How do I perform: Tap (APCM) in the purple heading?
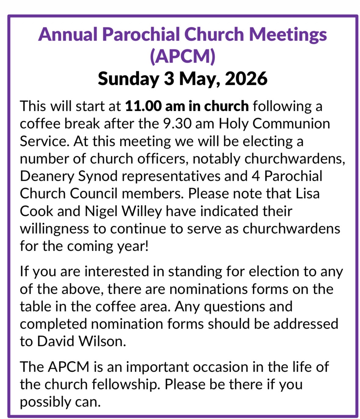tap(183, 56)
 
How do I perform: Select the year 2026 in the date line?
tap(246, 79)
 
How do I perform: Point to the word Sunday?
tap(129, 79)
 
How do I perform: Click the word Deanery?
tap(47, 176)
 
